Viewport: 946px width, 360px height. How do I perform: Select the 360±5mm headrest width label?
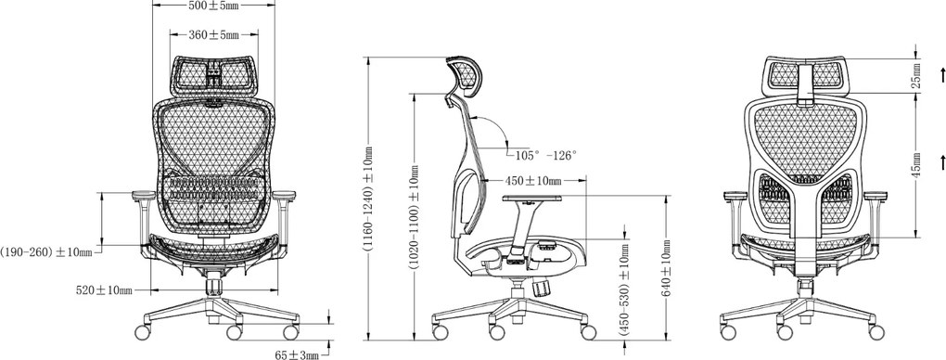[213, 35]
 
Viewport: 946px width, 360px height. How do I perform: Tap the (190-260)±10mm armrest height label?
[46, 251]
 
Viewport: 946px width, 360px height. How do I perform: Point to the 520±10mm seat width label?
[104, 290]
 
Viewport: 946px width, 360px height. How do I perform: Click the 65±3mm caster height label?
[296, 354]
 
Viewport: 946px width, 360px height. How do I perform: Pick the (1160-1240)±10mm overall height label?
[368, 199]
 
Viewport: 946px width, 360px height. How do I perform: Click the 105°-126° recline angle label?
[545, 155]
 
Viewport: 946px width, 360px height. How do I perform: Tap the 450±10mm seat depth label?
[532, 180]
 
